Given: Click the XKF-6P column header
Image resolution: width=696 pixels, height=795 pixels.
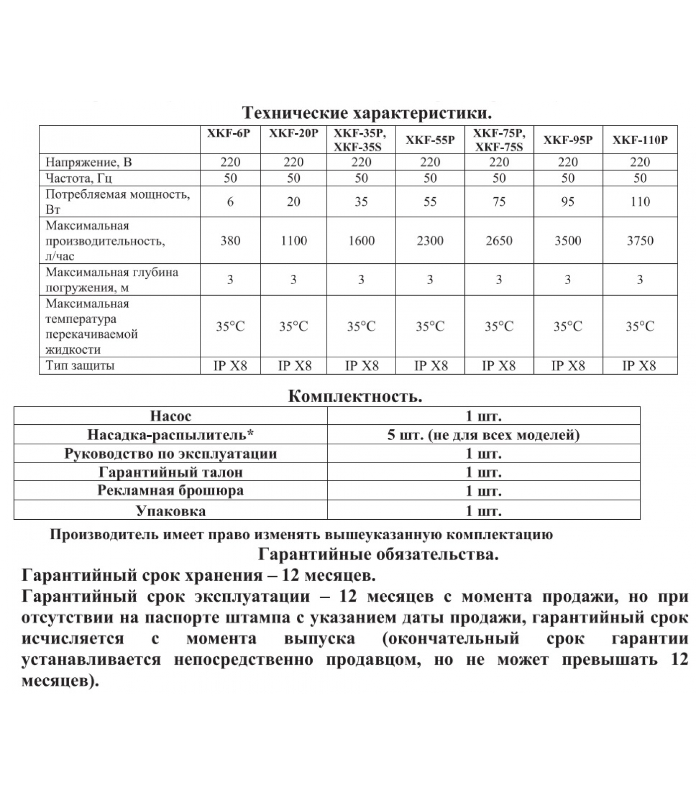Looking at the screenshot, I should point(230,133).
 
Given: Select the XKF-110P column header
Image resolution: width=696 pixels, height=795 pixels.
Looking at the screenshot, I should point(640,140).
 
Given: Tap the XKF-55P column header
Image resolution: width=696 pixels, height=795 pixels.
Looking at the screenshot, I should point(430,140).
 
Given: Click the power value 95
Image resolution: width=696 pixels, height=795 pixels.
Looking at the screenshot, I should point(568,201).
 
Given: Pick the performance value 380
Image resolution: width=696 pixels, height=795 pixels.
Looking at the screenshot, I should point(230,240).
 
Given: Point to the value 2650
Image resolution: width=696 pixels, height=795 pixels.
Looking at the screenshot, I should point(499,240).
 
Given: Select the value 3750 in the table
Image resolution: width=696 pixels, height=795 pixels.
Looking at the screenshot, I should point(640,240).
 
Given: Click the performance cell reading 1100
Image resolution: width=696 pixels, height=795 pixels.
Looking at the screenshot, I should point(293,240).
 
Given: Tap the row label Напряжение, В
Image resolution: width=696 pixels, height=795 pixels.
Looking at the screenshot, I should point(88,162).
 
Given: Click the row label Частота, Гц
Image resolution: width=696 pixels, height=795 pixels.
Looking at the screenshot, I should point(79,178).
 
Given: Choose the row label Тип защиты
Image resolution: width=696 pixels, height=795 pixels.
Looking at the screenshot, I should point(80,366).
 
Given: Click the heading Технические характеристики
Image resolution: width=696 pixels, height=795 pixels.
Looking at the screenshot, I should point(367,113).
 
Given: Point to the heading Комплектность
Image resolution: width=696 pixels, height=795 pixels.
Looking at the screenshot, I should point(355,397).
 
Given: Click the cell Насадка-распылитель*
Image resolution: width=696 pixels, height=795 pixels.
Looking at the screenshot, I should point(171,435).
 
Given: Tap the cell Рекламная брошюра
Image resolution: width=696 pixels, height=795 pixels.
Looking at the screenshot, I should point(171,490).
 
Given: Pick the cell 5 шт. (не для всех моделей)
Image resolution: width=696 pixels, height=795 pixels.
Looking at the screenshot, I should point(483,435).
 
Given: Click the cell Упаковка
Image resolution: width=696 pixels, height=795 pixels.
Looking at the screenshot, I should point(171,511).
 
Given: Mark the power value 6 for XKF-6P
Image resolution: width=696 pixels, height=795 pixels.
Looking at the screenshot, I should point(230,201).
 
